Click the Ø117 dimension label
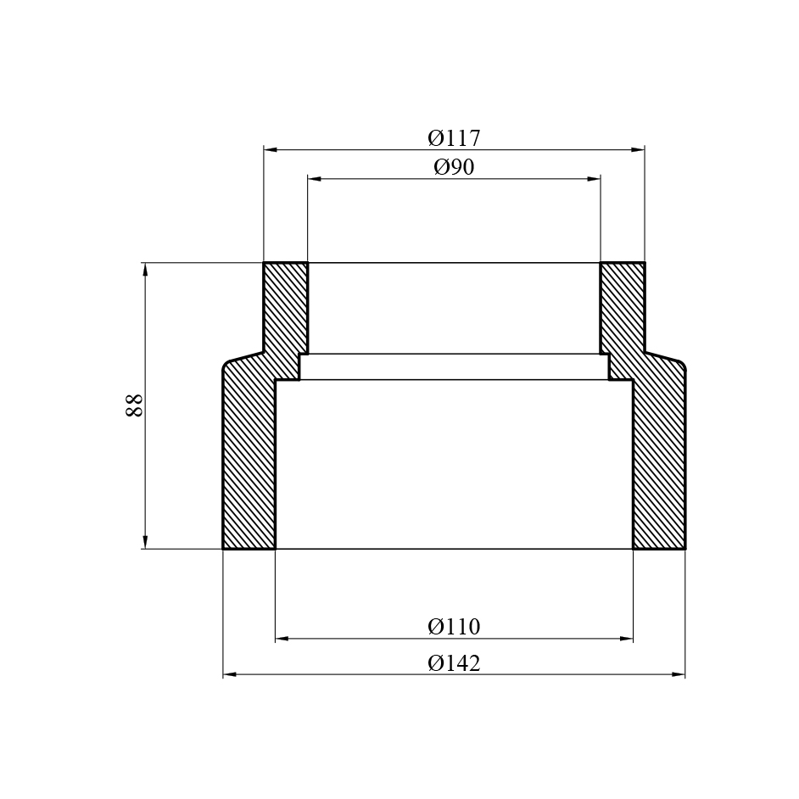(x=454, y=138)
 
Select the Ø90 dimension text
(x=454, y=167)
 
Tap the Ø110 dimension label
(x=454, y=627)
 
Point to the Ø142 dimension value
(x=454, y=663)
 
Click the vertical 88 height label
(x=134, y=405)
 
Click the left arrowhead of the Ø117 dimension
(x=270, y=150)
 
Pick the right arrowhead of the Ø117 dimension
(x=638, y=150)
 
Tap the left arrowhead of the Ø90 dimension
(x=315, y=179)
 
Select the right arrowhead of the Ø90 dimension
(x=594, y=179)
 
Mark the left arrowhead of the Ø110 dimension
(x=282, y=639)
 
